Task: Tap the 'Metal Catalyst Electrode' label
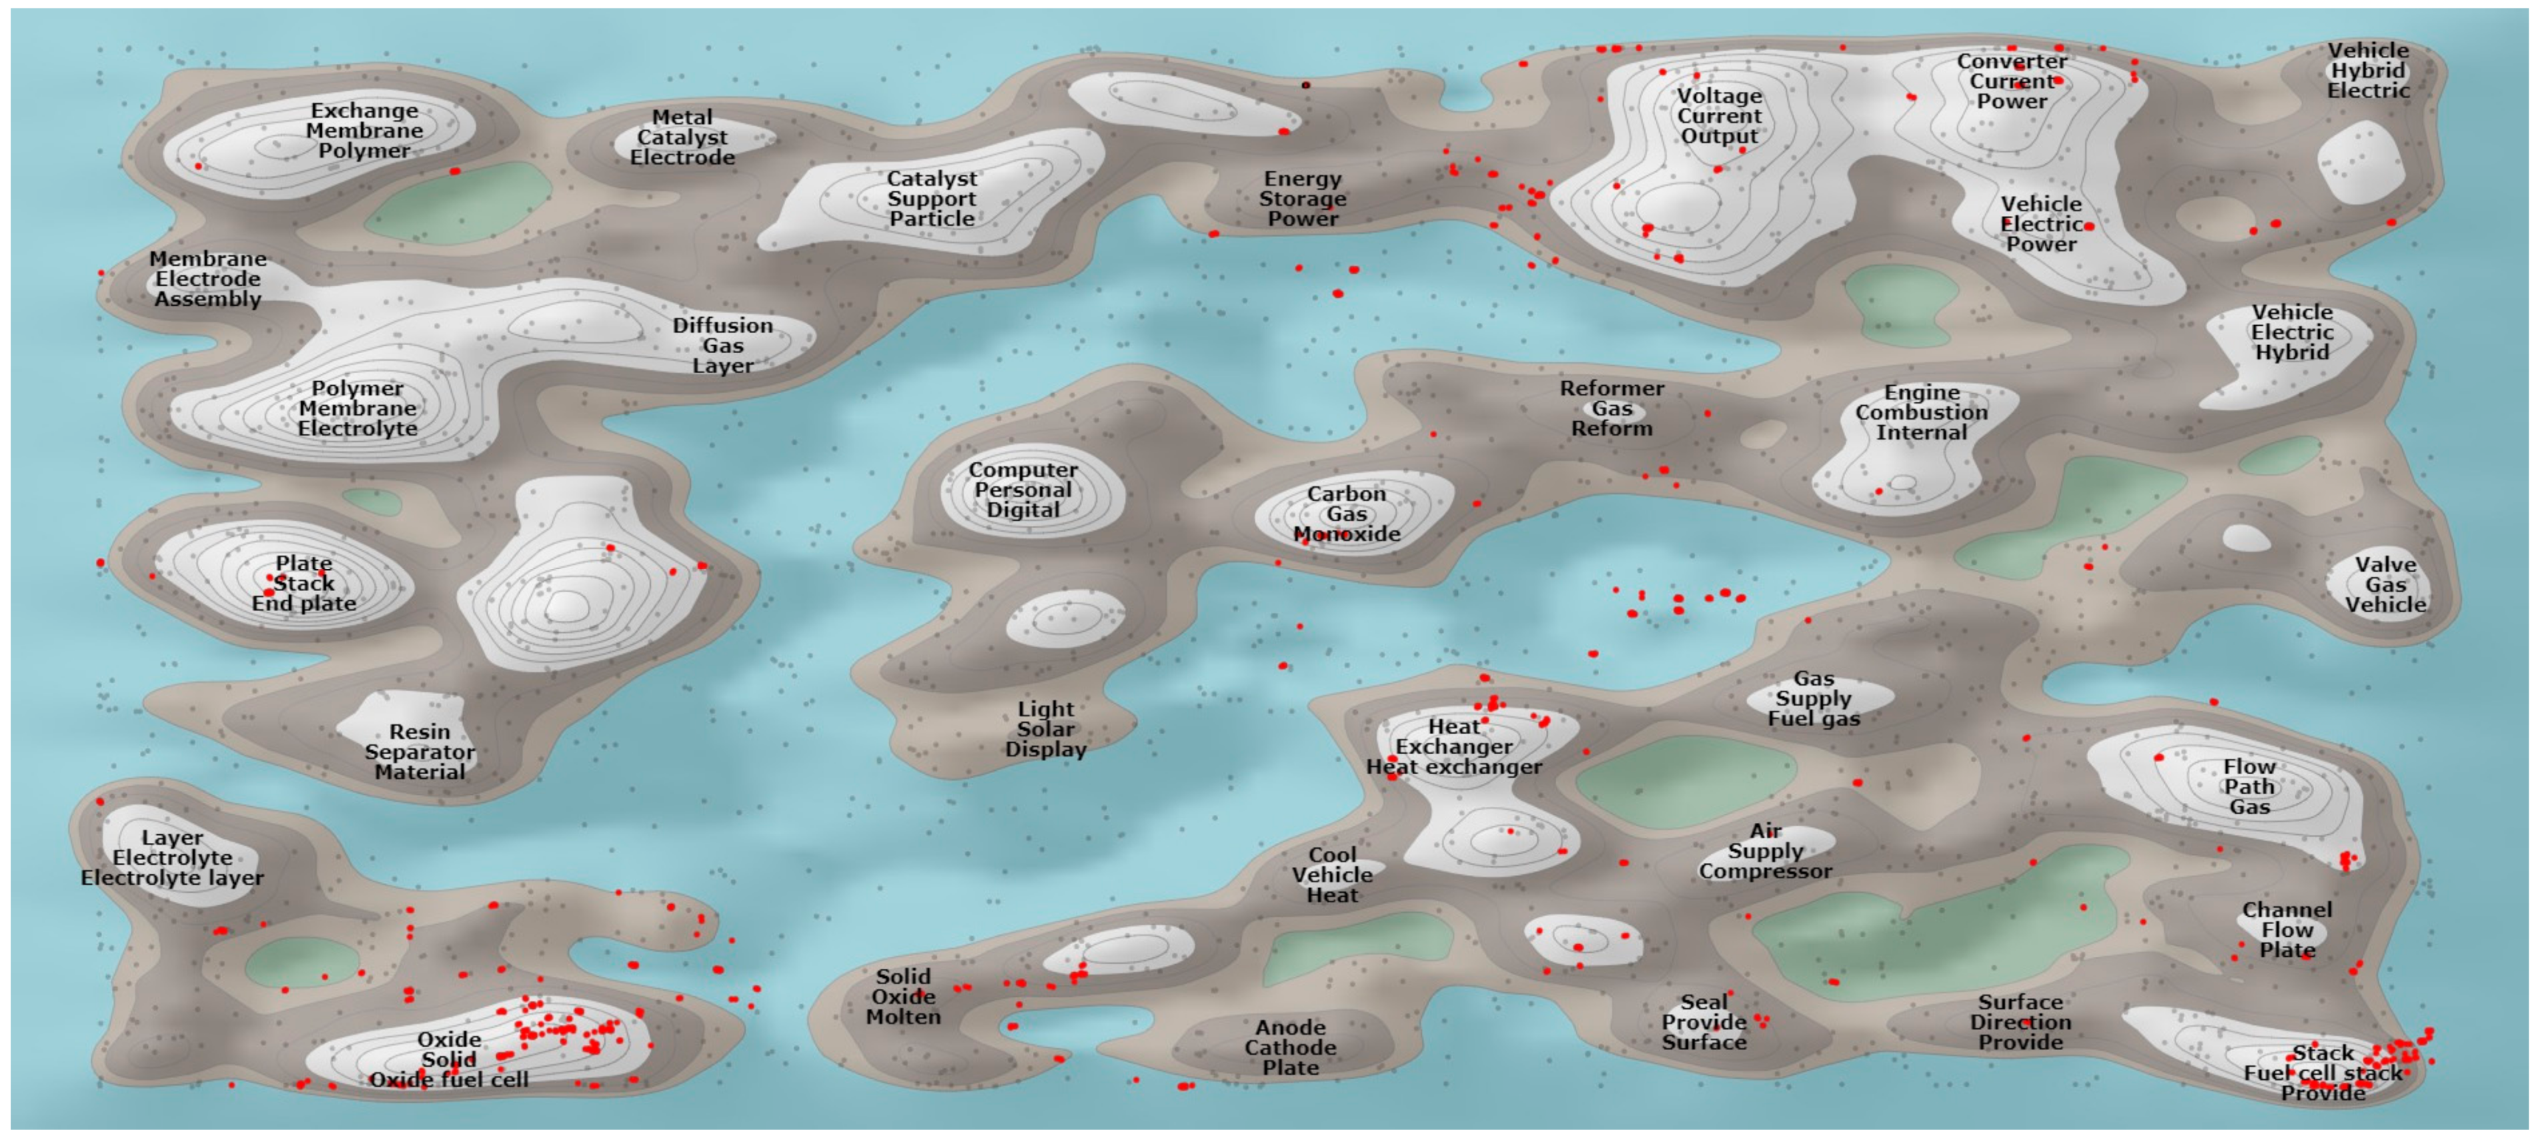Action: click(682, 138)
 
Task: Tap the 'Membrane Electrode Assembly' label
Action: click(208, 279)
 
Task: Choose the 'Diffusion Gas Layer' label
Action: click(722, 346)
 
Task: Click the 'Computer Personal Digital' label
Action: click(1023, 490)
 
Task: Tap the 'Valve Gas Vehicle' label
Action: click(2385, 585)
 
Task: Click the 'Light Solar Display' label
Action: click(1045, 729)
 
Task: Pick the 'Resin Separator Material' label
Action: click(420, 752)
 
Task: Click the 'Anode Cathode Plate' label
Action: click(1290, 1047)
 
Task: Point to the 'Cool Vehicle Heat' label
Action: click(1332, 875)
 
